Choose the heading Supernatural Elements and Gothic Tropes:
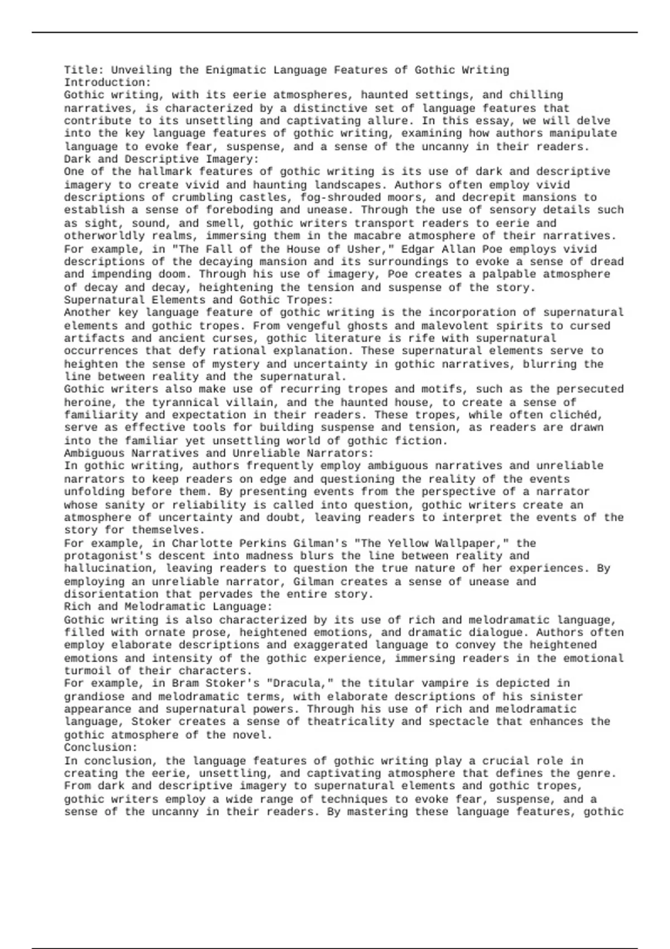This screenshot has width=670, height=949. (x=198, y=300)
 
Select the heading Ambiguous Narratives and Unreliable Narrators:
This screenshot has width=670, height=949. (x=219, y=453)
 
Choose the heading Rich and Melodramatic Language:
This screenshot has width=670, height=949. (x=168, y=606)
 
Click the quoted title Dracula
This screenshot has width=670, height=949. (x=301, y=683)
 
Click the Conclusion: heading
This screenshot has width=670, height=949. (x=100, y=747)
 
